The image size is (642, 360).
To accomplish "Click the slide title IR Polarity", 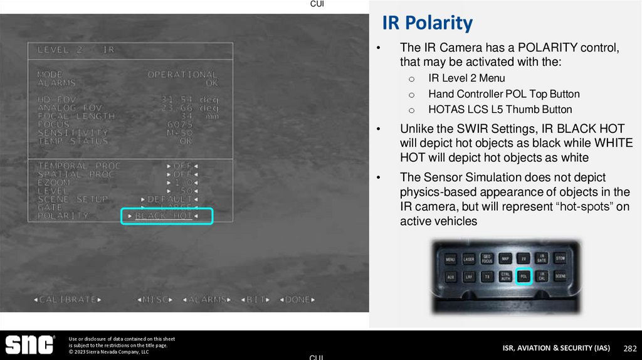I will [427, 23].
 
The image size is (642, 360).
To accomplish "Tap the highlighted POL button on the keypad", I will [524, 275].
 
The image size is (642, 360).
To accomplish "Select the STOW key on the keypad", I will [560, 258].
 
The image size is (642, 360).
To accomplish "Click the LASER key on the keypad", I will [469, 258].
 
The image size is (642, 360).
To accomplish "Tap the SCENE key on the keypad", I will [560, 276].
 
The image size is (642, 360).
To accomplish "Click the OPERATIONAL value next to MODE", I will [182, 75].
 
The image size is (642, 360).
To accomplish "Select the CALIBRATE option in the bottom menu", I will [68, 300].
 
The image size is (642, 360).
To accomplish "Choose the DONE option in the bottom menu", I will [297, 300].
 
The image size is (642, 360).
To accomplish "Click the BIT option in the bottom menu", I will [256, 300].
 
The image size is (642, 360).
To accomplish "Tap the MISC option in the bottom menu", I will [154, 300].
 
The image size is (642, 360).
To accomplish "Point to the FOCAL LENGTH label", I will [76, 116].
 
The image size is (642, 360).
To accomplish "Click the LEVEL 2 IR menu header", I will [76, 50].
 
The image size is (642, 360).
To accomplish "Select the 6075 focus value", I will [182, 124].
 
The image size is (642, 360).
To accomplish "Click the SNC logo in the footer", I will [29, 345].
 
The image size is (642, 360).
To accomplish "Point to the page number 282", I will [629, 348].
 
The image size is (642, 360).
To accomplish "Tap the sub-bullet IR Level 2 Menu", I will [466, 78].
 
